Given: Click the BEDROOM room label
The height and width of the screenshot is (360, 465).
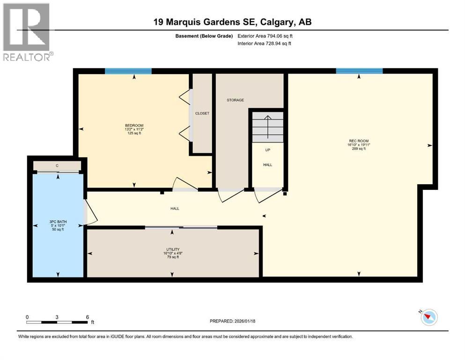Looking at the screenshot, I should (131, 125).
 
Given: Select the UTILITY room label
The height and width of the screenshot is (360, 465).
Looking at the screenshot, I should (173, 249).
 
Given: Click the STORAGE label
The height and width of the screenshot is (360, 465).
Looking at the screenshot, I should (235, 100).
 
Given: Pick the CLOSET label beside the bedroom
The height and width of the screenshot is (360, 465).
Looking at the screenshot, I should (202, 113).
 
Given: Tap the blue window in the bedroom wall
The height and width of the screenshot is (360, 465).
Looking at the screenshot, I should (128, 71).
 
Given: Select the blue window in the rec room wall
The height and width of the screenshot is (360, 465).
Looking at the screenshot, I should (359, 71).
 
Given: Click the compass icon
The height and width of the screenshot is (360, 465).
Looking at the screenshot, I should (428, 317).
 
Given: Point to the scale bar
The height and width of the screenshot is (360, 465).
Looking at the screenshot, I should (57, 322).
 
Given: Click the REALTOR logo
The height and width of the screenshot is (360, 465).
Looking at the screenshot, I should (27, 32).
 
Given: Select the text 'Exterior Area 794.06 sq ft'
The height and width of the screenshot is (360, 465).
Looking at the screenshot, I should (267, 36).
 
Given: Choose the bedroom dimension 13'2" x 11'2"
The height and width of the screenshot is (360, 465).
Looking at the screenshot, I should (131, 130).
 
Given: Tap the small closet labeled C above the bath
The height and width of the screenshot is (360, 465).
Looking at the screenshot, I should (57, 165).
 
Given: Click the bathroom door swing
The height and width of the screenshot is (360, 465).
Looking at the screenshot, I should (90, 212).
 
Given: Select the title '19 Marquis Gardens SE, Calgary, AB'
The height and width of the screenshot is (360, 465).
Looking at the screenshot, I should (232, 22).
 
